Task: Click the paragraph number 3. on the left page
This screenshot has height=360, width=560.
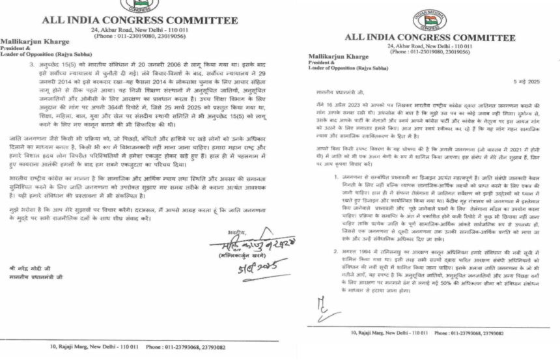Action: [32, 66]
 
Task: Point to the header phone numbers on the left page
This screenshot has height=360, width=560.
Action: [139, 36]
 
